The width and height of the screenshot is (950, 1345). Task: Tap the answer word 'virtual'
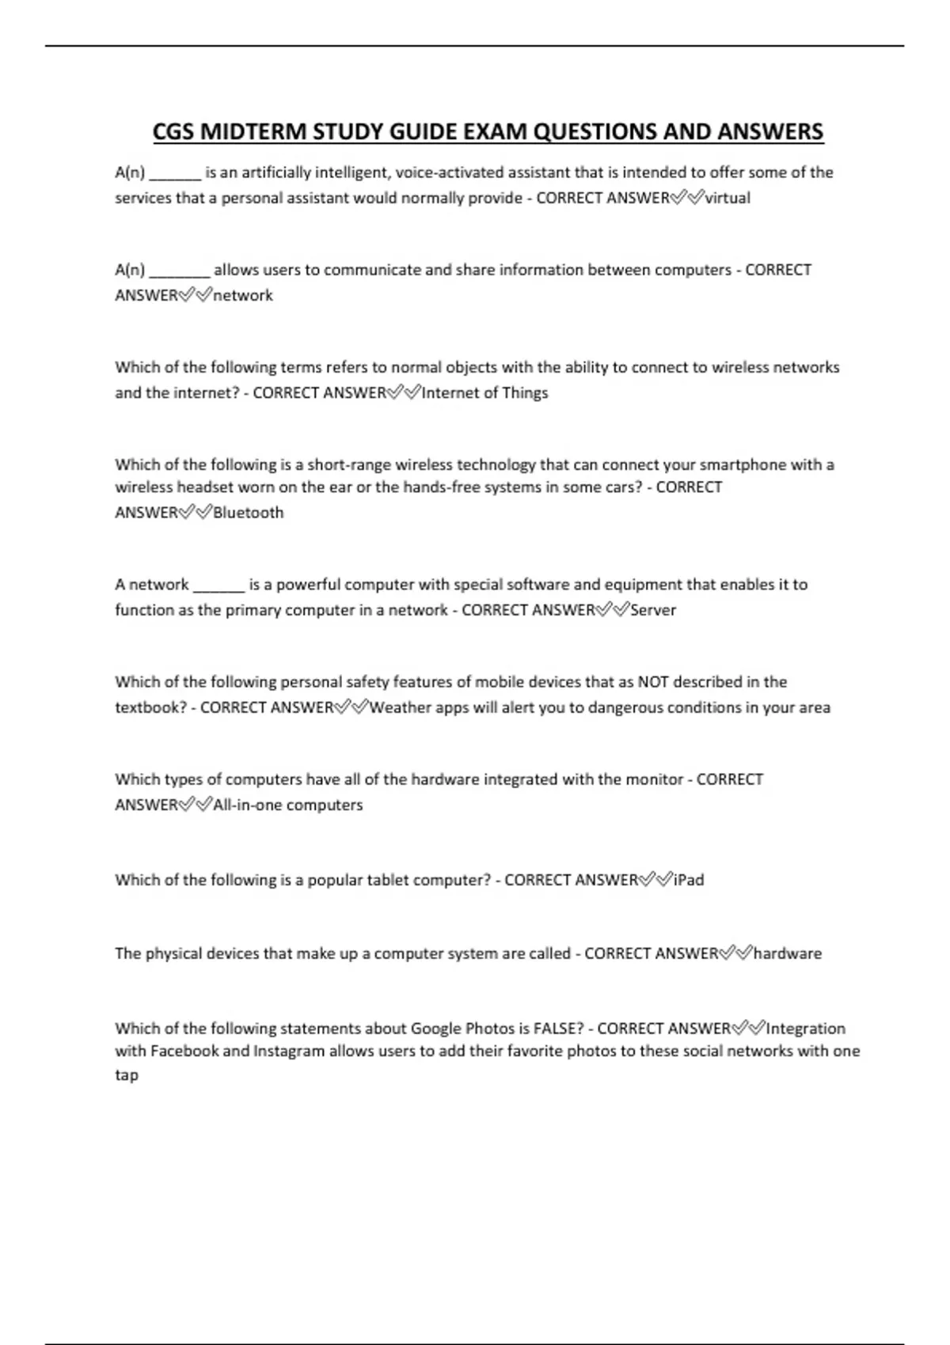(728, 198)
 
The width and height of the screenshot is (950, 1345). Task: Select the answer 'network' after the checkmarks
(243, 295)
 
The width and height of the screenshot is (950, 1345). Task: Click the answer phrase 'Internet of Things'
(484, 392)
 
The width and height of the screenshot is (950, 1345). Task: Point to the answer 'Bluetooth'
(248, 513)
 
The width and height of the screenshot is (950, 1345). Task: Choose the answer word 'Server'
(653, 610)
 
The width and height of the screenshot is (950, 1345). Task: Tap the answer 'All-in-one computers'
(287, 805)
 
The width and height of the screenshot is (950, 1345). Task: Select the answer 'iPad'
(688, 880)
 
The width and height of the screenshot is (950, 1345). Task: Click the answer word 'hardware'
(788, 953)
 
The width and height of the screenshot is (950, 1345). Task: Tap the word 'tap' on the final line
(127, 1075)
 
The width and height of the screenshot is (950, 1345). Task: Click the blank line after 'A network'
(218, 586)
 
